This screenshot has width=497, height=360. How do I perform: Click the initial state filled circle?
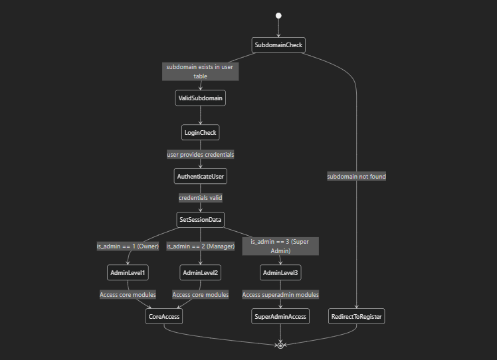[278, 15]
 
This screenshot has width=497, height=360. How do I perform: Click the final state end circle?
[280, 345]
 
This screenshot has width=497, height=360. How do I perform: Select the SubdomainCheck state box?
[279, 45]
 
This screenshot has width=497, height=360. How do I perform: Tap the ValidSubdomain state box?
[200, 98]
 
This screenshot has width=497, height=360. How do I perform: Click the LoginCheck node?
[200, 133]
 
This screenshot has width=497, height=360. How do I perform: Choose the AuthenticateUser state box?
[200, 177]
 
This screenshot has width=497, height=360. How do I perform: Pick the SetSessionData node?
[200, 220]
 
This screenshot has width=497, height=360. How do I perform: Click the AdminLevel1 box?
[127, 273]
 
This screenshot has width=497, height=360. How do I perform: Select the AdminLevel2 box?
[200, 273]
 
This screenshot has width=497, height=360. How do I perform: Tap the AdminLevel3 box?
[280, 273]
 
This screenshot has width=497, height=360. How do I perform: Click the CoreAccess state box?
[163, 317]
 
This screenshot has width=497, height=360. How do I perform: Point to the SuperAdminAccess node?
[280, 317]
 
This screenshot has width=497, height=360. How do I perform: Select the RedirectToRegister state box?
[357, 317]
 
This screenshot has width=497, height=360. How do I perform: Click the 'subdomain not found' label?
[357, 177]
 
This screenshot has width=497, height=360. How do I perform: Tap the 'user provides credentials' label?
[200, 154]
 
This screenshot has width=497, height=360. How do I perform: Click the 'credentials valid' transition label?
[200, 198]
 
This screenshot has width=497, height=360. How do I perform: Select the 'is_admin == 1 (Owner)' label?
[127, 246]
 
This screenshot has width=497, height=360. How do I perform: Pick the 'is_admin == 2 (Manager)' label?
[200, 246]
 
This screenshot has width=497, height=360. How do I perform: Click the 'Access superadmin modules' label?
[280, 295]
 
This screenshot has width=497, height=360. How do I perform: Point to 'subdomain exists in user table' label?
[200, 72]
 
